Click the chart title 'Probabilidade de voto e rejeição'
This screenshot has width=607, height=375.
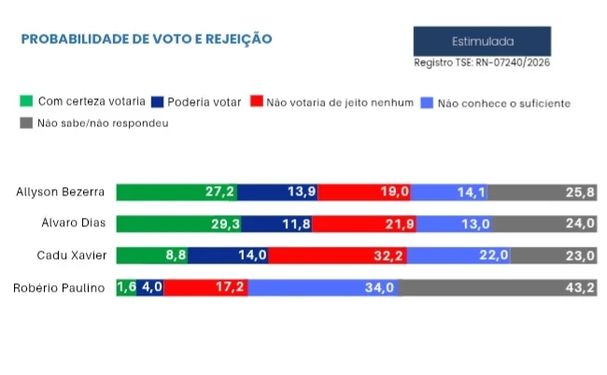pos(147,39)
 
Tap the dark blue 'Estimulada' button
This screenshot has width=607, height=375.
pos(482,41)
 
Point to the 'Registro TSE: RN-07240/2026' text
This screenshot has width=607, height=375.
pos(482,63)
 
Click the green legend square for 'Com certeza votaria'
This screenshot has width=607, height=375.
pos(27,101)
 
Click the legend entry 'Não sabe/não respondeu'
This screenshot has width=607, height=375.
pos(93,123)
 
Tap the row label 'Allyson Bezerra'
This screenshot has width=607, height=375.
pos(60,193)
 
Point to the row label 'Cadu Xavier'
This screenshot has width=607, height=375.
pos(70,255)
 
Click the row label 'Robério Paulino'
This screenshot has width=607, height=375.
pos(58,287)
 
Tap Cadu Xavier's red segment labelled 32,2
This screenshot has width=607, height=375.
pos(338,255)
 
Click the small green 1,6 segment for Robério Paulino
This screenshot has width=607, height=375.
pos(125,287)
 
